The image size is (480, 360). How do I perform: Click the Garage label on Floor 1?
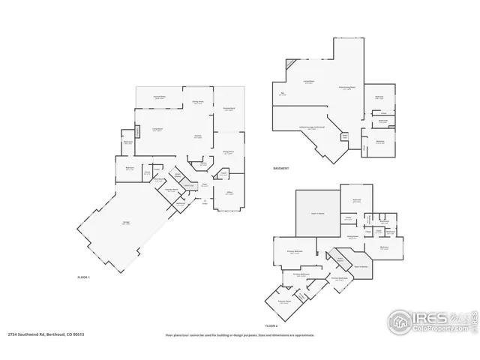pos(124,223)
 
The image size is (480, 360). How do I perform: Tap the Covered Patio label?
pos(160,97)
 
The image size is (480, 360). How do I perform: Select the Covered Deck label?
pos(229,109)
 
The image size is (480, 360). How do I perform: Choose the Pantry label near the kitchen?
pos(202,164)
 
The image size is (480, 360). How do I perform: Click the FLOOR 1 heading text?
pos(84,278)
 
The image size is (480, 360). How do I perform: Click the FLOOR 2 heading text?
pos(271,327)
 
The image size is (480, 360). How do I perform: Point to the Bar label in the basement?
pos(282,94)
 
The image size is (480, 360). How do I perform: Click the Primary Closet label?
pos(283,303)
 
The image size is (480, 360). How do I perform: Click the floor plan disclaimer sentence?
pos(240,335)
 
